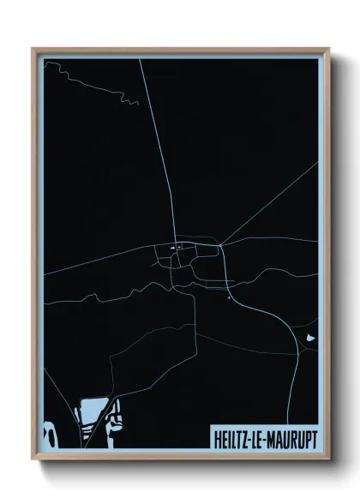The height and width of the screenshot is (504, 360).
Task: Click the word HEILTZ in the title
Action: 231,437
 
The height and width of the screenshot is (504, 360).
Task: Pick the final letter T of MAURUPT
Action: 312,437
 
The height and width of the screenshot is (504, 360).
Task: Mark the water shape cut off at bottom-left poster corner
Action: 49,433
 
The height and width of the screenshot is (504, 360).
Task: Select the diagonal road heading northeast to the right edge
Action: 270,202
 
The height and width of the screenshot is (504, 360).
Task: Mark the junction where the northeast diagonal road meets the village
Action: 220,246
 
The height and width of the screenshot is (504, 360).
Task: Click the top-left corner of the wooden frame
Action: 33,49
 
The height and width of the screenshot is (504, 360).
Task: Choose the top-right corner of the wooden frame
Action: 327,49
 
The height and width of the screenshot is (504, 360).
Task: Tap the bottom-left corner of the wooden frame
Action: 33,458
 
